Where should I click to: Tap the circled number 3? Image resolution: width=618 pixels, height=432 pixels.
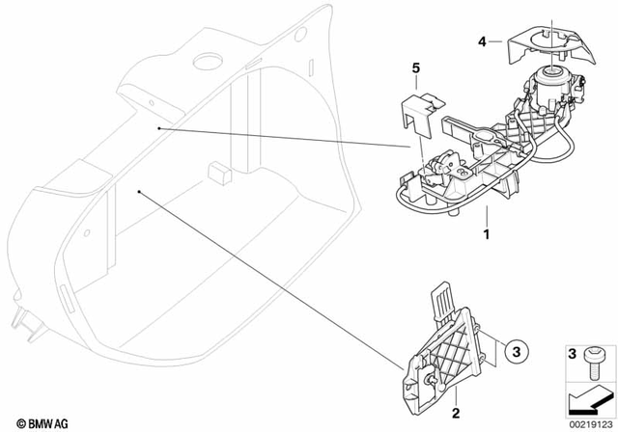(516, 353)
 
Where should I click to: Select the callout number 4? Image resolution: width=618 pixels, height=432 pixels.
(482, 40)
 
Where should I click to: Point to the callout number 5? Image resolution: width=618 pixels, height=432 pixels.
(417, 68)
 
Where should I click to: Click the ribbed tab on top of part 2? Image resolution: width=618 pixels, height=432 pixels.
(441, 295)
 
